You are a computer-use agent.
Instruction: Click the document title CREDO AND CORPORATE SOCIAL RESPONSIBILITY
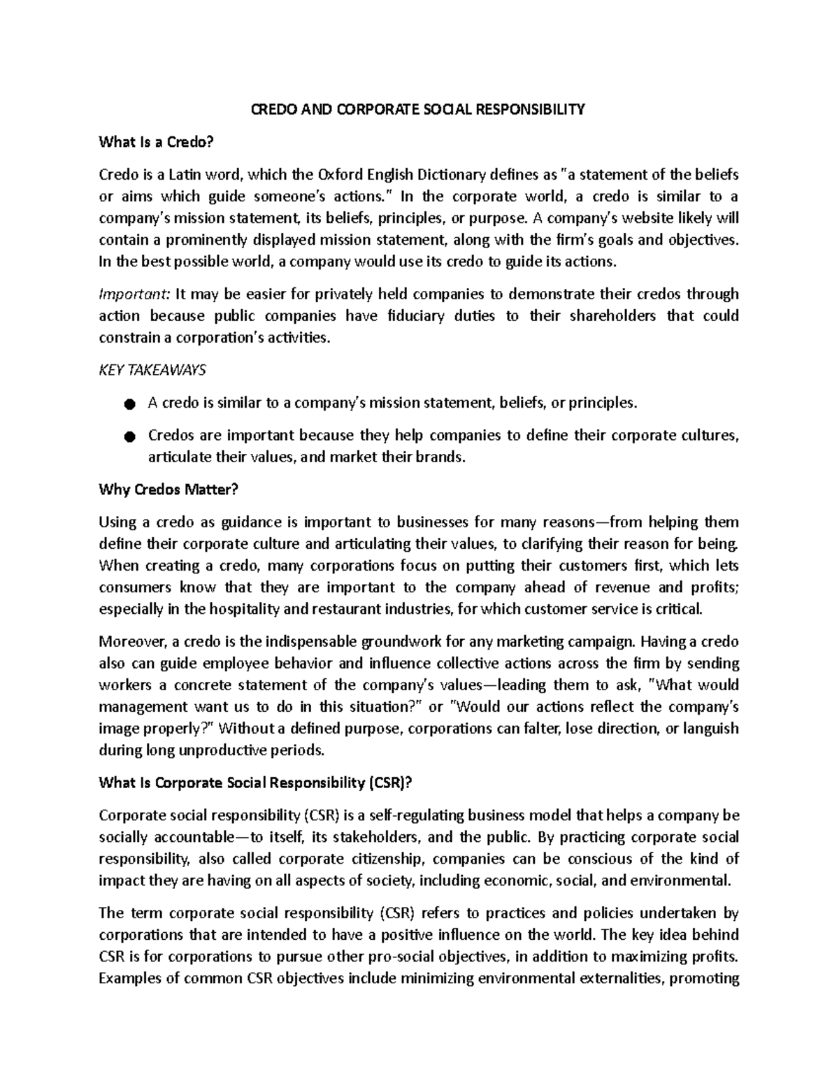tap(419, 110)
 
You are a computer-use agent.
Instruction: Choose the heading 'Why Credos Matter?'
tap(168, 490)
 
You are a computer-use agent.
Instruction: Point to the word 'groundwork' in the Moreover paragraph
tap(421, 642)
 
